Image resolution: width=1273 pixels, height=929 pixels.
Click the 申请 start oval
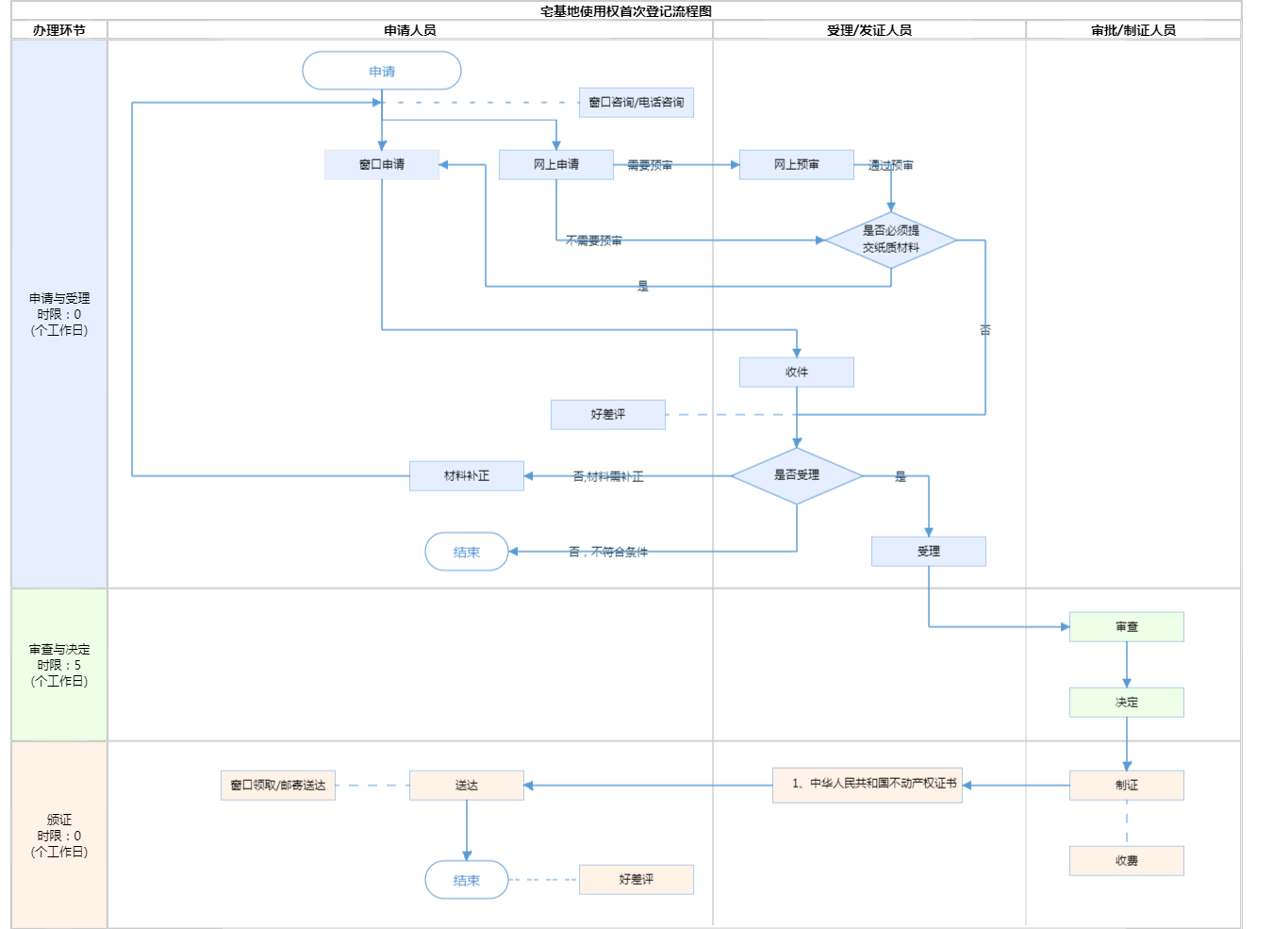tap(382, 71)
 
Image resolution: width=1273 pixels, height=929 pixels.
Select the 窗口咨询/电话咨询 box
tap(636, 102)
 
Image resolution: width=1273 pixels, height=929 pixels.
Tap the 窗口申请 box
tap(382, 164)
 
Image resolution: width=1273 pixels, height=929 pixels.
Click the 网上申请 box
tap(556, 164)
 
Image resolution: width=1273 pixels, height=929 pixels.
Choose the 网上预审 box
tap(797, 164)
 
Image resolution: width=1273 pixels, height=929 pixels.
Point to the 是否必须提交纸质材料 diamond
tap(891, 240)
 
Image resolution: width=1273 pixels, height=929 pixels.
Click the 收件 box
tap(797, 372)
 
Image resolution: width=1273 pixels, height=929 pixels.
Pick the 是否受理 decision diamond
tap(797, 475)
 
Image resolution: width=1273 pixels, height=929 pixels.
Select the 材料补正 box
tap(467, 475)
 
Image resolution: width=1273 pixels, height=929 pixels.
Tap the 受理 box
tap(929, 551)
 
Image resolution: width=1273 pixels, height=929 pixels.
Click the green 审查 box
tap(1127, 626)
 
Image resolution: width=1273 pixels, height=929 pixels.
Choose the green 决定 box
tap(1127, 702)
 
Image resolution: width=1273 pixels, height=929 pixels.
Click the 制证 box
tap(1127, 785)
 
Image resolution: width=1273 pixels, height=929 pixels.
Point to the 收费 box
tap(1127, 860)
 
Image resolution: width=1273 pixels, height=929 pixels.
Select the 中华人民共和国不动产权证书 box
tap(868, 785)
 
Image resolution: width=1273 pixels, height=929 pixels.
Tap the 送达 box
tap(467, 785)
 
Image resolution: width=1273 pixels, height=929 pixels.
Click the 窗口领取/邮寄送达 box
tap(278, 785)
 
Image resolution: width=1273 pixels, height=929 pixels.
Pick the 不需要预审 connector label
tap(594, 241)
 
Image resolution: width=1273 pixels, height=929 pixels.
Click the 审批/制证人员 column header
tap(1133, 30)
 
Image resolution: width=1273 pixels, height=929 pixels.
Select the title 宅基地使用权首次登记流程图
tap(626, 11)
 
